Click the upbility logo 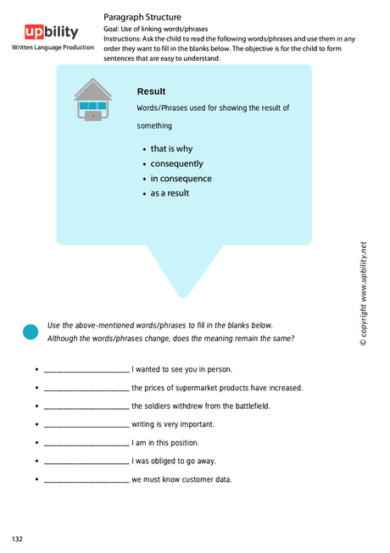click(x=51, y=32)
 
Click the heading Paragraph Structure click(x=142, y=17)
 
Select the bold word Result click(x=151, y=91)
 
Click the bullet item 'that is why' click(x=171, y=149)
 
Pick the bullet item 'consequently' click(x=176, y=163)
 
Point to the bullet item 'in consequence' click(x=181, y=179)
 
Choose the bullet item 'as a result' click(x=170, y=193)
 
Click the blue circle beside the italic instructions click(x=31, y=332)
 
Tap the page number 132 click(x=17, y=539)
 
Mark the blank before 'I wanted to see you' click(x=86, y=370)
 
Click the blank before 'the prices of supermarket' click(x=86, y=389)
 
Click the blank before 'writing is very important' click(x=86, y=425)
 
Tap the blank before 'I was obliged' click(x=86, y=462)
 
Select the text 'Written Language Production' click(x=53, y=47)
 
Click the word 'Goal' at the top click(x=112, y=28)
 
